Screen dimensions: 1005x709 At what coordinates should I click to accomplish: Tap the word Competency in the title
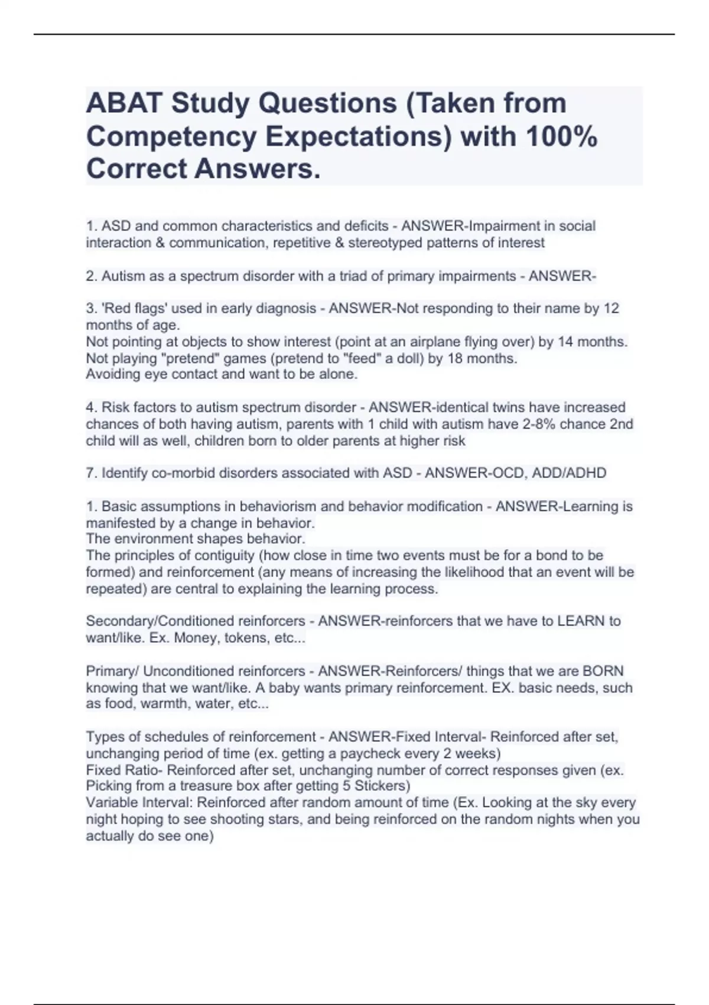[x=171, y=137]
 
